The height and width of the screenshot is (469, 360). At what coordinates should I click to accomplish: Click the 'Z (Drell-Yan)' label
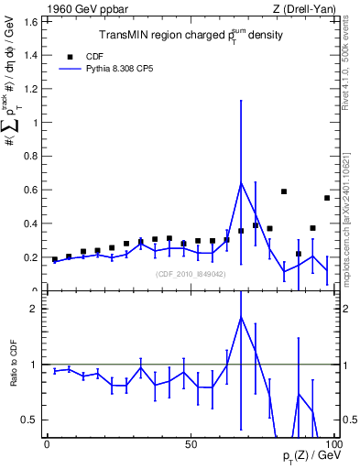[x=303, y=9]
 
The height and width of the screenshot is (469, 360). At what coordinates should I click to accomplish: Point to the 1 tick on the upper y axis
[x=35, y=122]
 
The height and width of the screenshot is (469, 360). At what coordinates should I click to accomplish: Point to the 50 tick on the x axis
[x=191, y=444]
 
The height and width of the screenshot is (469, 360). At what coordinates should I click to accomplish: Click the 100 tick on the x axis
[x=333, y=444]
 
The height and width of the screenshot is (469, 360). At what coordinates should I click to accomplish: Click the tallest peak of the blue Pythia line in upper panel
[x=241, y=182]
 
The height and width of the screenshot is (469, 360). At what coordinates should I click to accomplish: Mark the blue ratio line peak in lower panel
[x=241, y=317]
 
